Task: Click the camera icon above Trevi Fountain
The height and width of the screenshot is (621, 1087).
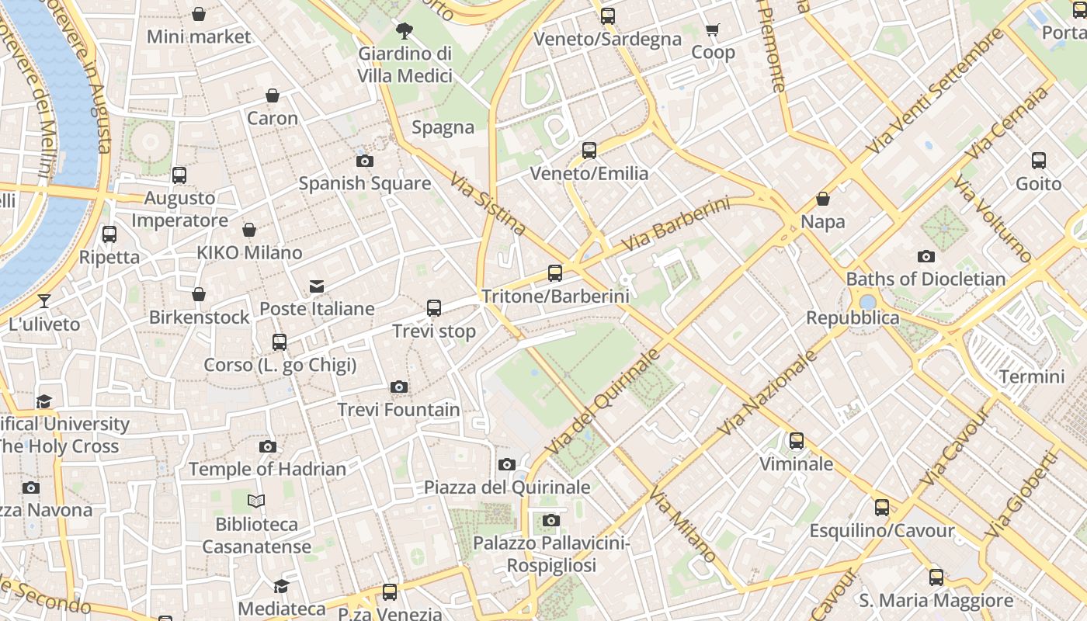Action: click(398, 387)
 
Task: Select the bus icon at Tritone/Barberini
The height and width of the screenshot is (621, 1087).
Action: click(554, 272)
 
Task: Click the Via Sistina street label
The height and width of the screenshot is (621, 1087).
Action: click(488, 204)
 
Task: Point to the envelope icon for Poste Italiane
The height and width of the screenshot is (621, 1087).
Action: click(317, 286)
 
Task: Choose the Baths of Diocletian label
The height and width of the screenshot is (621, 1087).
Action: click(926, 279)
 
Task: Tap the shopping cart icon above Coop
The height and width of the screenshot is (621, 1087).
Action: click(712, 30)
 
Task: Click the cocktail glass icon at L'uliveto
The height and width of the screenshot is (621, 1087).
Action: click(44, 300)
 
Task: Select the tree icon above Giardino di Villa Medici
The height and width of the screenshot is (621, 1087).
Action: click(404, 31)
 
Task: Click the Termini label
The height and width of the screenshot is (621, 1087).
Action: click(1031, 377)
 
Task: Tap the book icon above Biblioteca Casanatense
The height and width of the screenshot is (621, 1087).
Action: click(256, 501)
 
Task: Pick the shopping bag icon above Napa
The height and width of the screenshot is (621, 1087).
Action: click(823, 199)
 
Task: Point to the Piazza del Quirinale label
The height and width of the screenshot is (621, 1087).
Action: click(506, 487)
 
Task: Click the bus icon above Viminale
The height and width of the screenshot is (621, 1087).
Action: click(796, 441)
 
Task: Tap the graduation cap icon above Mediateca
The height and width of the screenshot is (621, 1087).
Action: click(281, 586)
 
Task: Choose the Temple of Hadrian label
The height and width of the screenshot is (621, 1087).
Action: click(267, 469)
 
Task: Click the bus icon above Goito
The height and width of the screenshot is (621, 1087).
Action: click(1038, 161)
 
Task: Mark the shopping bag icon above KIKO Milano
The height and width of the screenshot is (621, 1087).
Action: click(249, 230)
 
